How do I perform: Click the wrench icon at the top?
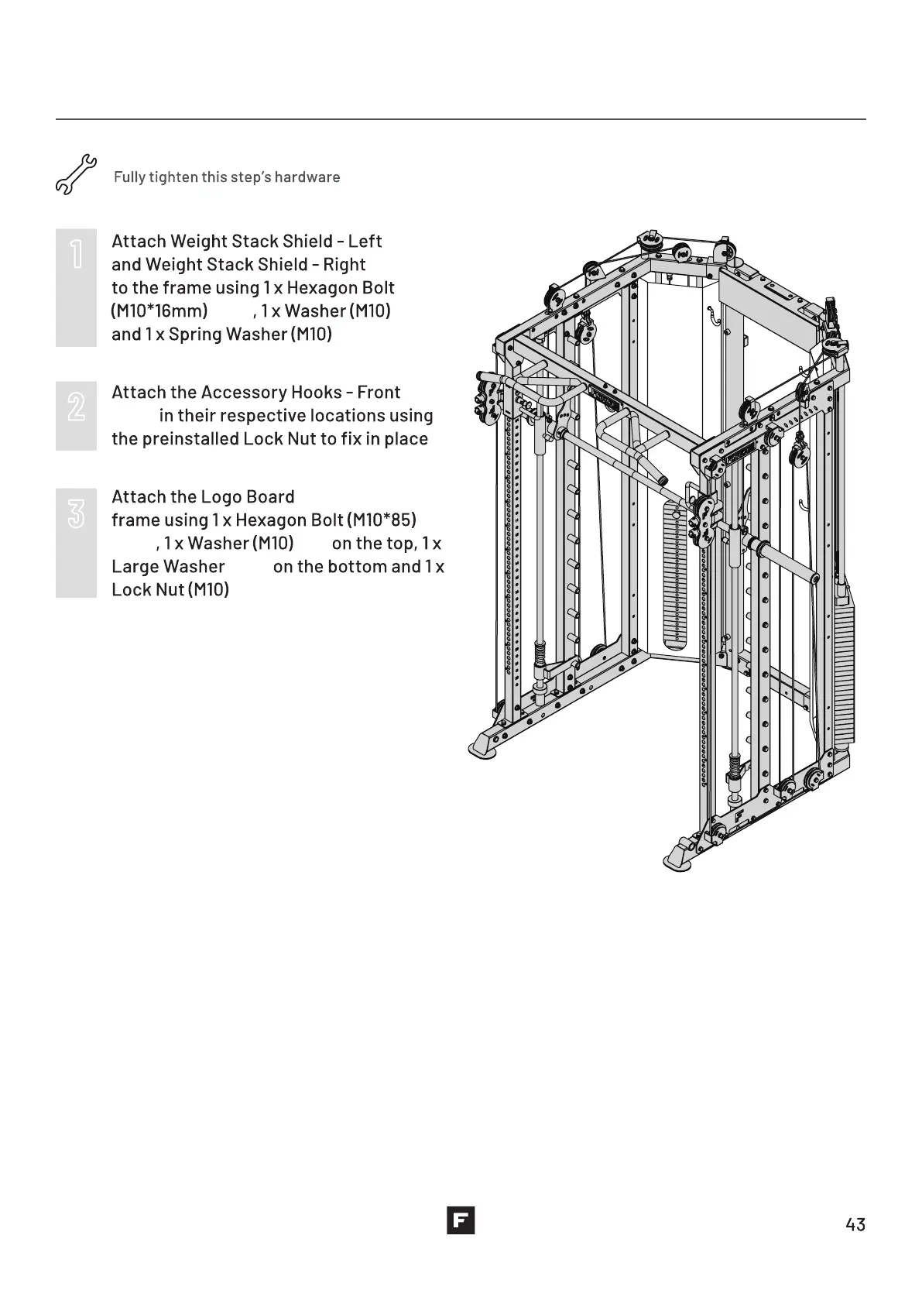[75, 175]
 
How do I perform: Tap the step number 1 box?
[76, 287]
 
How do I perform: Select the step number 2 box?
[76, 415]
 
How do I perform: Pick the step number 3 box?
[76, 542]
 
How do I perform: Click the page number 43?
[855, 1224]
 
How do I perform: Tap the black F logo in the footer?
[461, 1220]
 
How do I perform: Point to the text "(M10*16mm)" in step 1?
[159, 311]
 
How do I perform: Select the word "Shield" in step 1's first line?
[307, 242]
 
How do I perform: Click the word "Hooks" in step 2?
[317, 393]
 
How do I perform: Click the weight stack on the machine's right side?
[841, 666]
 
